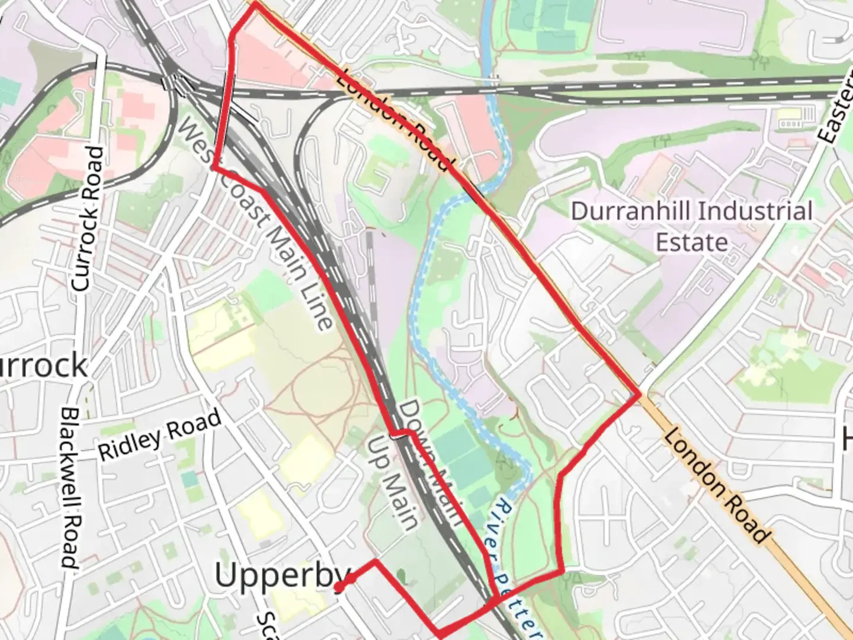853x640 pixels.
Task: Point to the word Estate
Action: click(691, 242)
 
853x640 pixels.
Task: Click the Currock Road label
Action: click(88, 219)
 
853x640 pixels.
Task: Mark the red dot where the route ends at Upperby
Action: click(338, 587)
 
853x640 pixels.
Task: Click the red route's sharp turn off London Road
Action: click(639, 395)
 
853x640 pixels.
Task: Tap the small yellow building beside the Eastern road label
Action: click(790, 118)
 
